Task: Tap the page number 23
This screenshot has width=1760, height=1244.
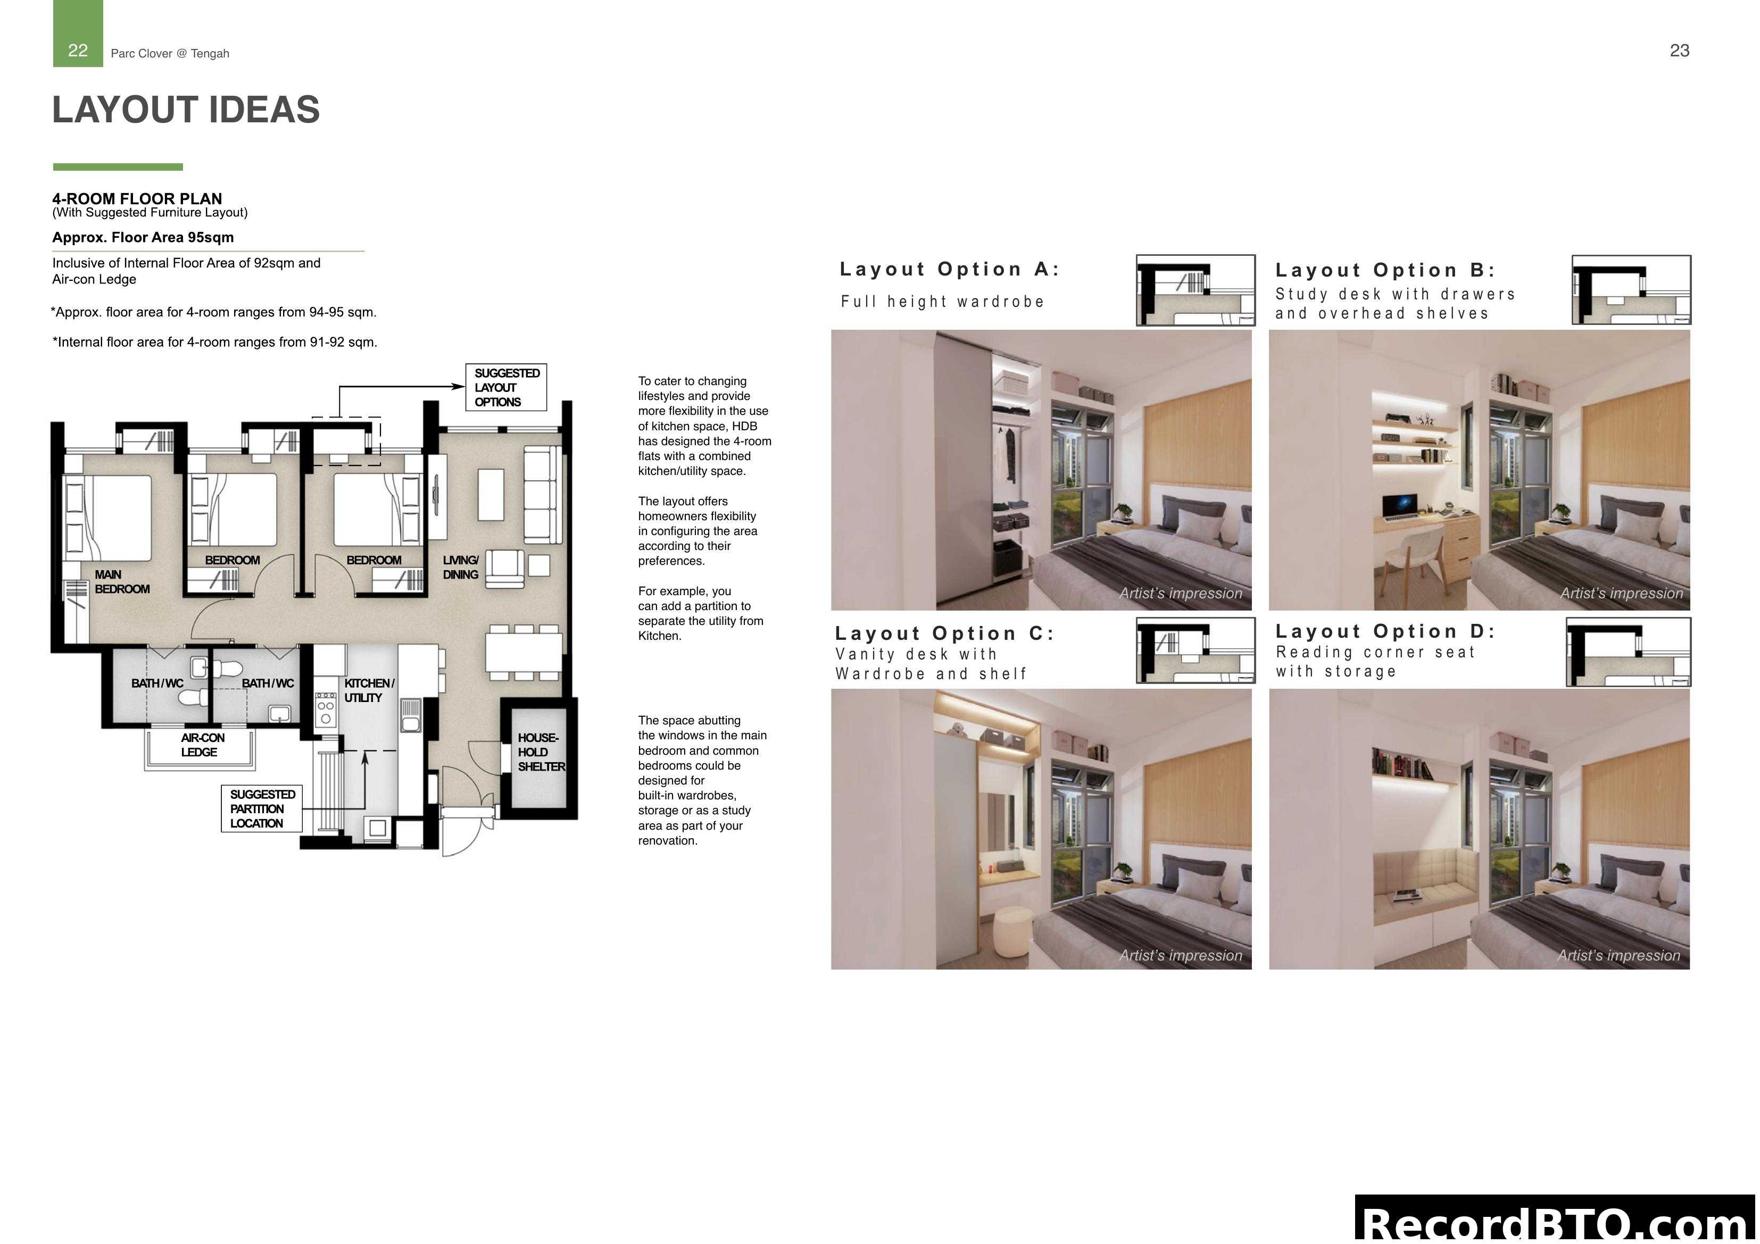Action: pyautogui.click(x=1679, y=51)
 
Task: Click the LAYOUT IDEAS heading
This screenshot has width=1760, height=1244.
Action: pyautogui.click(x=186, y=110)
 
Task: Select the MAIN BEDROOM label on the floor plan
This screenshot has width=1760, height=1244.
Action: pyautogui.click(x=121, y=582)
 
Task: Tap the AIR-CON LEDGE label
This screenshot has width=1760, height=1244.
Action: pyautogui.click(x=201, y=744)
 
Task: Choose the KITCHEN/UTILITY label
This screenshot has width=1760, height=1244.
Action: pyautogui.click(x=368, y=690)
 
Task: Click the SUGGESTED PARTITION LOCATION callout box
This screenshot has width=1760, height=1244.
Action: pyautogui.click(x=261, y=808)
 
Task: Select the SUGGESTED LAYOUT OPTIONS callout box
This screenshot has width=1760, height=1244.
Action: pyautogui.click(x=506, y=387)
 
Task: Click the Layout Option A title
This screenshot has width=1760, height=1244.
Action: pyautogui.click(x=949, y=269)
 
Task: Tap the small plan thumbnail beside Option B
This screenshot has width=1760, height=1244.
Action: pyautogui.click(x=1631, y=290)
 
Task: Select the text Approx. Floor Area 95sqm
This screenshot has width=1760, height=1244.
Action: pyautogui.click(x=143, y=238)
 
